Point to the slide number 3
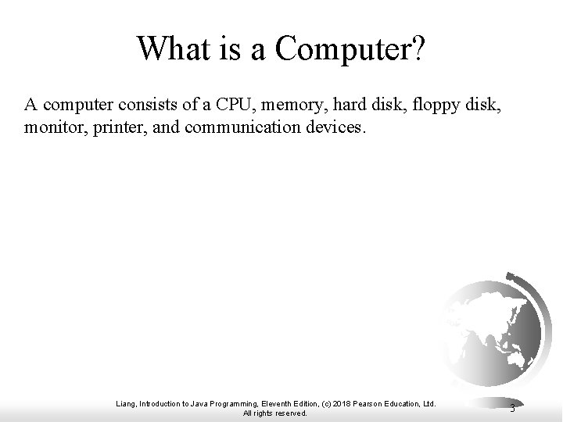[x=512, y=408]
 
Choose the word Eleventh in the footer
[x=275, y=403]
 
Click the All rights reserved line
[x=275, y=413]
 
